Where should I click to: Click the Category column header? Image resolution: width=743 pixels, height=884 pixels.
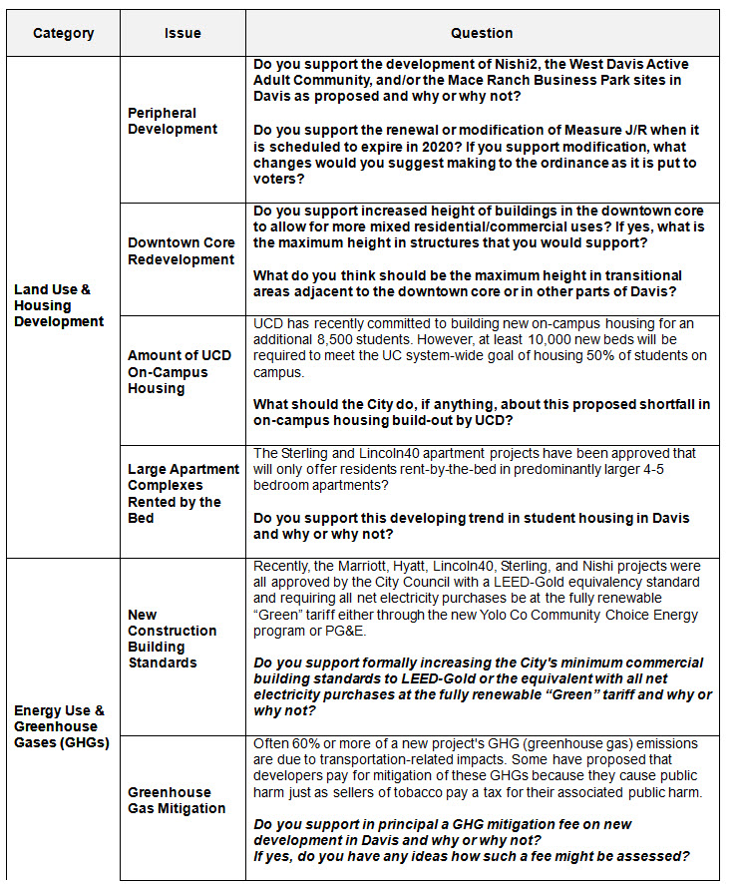[x=64, y=33]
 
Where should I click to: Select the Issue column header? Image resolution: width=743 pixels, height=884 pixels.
[x=183, y=33]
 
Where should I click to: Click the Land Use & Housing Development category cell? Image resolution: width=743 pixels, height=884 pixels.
[x=59, y=305]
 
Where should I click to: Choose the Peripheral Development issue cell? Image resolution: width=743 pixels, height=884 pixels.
[x=173, y=121]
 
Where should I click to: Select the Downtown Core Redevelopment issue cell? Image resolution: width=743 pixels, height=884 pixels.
[x=182, y=251]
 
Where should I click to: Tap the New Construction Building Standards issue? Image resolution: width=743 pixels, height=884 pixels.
[x=172, y=639]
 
